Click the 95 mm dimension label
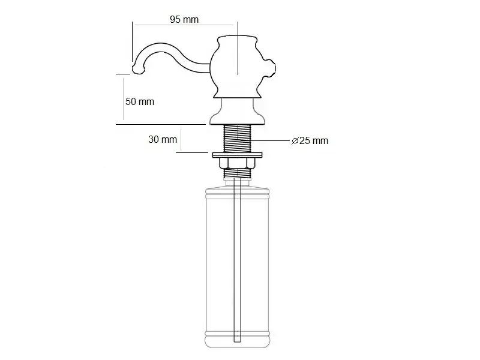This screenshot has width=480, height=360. click(x=184, y=20)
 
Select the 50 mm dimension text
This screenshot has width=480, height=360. click(x=140, y=101)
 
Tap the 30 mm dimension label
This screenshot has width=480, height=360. click(x=163, y=140)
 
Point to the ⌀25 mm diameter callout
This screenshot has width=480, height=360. click(x=310, y=141)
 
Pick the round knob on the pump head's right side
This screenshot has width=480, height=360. click(x=270, y=68)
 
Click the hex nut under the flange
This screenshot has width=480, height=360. click(x=237, y=163)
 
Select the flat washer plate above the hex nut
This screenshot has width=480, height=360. click(x=237, y=155)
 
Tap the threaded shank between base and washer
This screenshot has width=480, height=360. click(x=237, y=139)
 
